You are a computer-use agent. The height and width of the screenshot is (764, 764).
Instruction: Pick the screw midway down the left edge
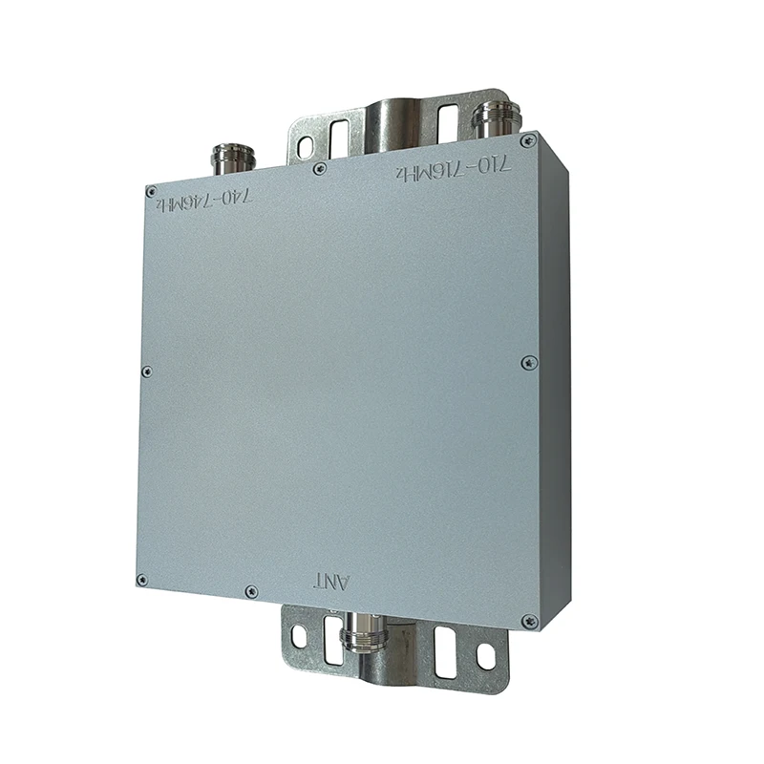point(146,371)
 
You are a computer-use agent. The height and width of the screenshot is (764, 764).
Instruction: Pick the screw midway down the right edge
point(526,362)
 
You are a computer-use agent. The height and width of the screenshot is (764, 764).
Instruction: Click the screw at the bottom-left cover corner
point(142,579)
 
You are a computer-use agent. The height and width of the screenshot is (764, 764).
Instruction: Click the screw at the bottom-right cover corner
point(527,622)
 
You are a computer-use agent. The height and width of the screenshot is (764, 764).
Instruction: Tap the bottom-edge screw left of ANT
point(250,592)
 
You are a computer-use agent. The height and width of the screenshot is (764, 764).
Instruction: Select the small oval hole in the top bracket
point(305,146)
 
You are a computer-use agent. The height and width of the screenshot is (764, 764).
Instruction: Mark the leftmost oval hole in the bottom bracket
point(298,633)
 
